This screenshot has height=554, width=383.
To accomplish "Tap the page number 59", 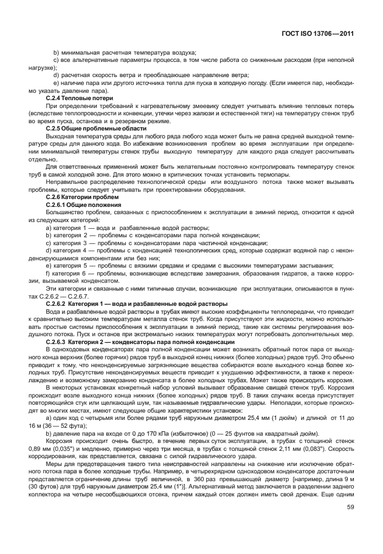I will [350, 524].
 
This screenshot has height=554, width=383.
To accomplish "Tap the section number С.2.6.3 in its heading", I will [60, 342].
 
